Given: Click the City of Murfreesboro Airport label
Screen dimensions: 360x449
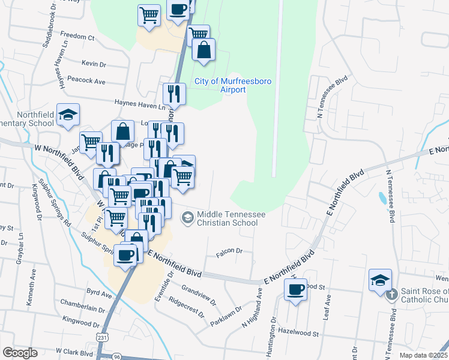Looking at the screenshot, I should point(220,85).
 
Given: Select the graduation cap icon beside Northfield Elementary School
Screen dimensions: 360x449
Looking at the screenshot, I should point(68,115).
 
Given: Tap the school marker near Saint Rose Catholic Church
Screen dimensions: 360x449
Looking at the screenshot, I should point(380,281).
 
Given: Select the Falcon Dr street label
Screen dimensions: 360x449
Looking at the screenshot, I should point(229,251).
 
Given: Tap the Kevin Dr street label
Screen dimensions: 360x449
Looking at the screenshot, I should point(94,64).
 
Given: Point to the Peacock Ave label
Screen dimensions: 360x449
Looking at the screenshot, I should point(86,81).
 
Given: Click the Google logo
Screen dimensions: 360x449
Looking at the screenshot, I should point(19,353).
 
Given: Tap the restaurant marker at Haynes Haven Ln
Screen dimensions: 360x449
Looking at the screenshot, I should point(174,93).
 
